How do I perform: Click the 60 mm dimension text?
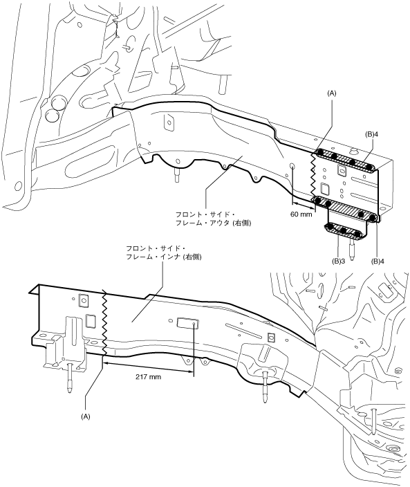(x=301, y=214)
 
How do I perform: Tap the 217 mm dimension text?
(x=148, y=377)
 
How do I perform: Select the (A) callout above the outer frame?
(x=332, y=93)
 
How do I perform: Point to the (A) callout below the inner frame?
(x=85, y=417)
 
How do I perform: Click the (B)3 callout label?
(x=339, y=261)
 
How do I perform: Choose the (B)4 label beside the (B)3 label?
(x=378, y=261)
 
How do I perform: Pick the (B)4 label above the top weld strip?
(x=371, y=135)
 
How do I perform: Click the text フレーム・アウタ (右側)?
(x=213, y=223)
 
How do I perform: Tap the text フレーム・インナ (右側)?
(x=164, y=257)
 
